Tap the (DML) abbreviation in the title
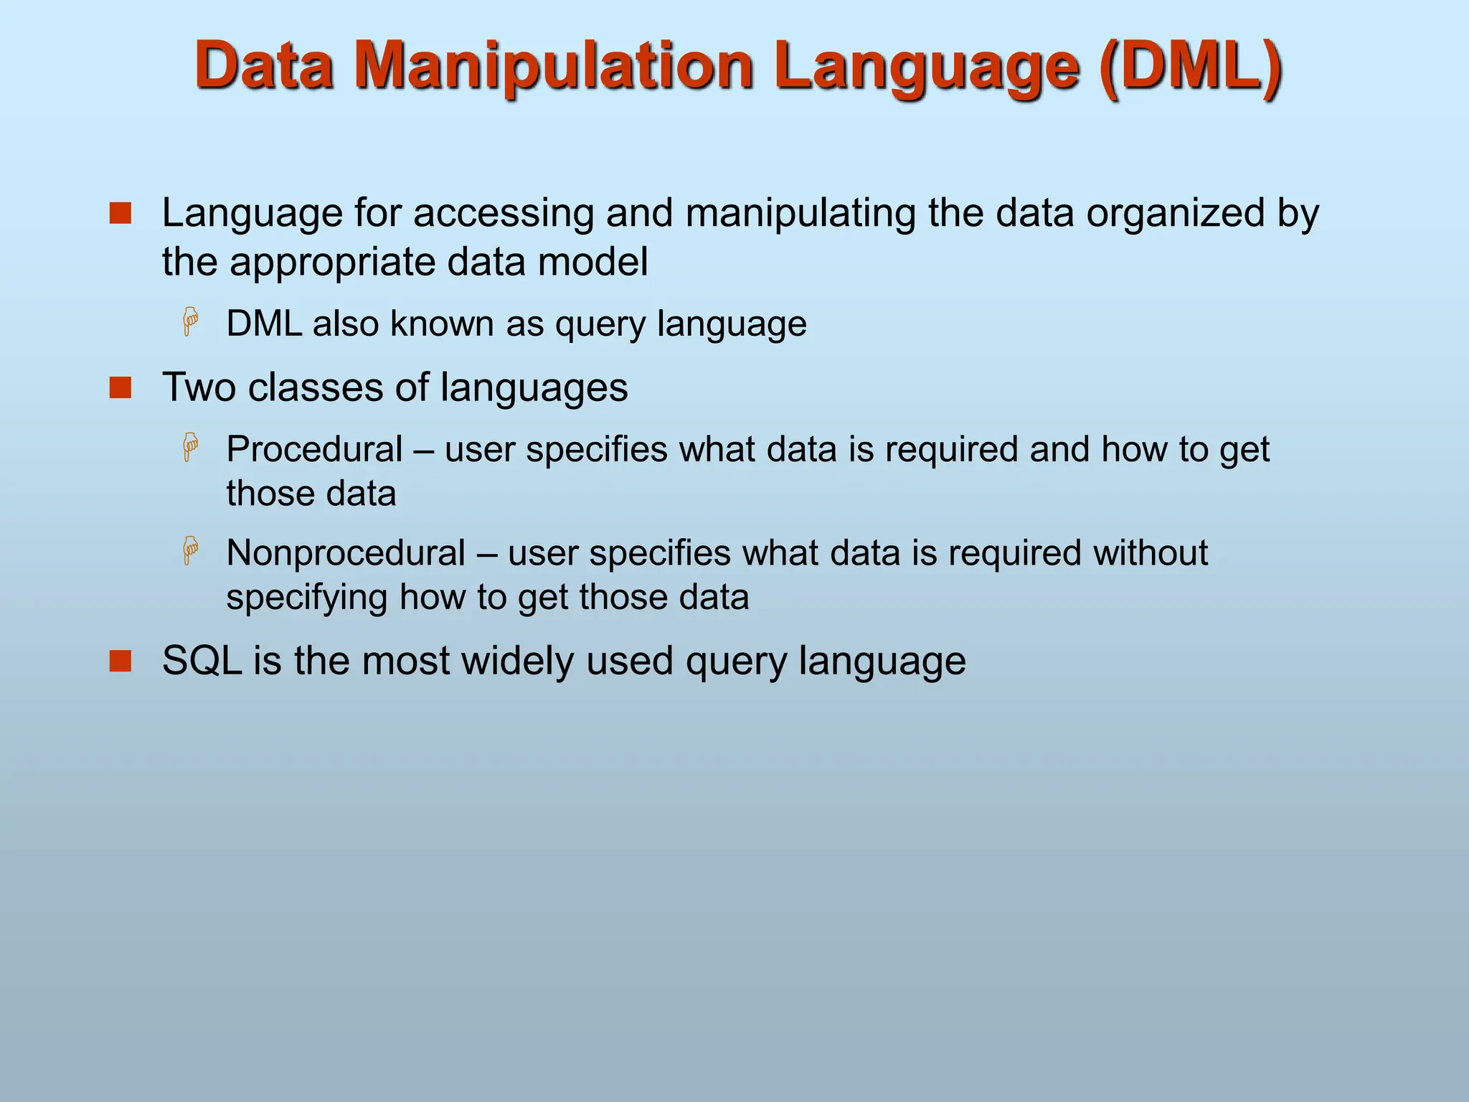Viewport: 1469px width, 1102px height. pos(1191,66)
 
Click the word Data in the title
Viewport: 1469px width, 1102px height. pos(264,66)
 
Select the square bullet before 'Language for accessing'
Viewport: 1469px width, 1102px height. pos(121,213)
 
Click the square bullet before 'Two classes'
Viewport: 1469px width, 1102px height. pos(121,387)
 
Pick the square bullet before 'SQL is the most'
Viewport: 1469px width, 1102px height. pos(121,661)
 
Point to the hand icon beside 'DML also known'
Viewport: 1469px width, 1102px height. pos(190,322)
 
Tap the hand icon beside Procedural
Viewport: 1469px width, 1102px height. pos(190,448)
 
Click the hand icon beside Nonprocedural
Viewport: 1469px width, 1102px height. pos(190,551)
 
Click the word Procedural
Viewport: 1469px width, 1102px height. pos(314,450)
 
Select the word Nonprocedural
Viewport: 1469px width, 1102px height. pos(346,553)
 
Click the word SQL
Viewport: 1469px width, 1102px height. pos(202,661)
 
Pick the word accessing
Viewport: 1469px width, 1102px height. pos(503,215)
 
